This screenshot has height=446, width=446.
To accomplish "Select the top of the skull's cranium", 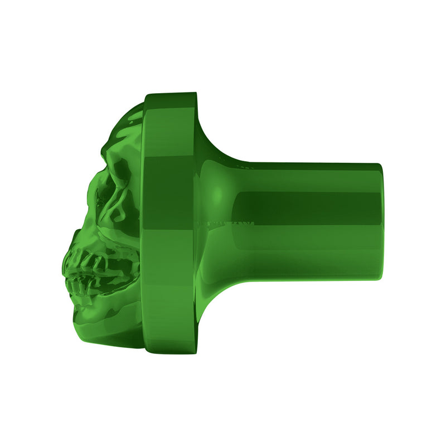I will (134, 111).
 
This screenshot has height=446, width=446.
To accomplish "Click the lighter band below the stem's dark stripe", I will (307, 245).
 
